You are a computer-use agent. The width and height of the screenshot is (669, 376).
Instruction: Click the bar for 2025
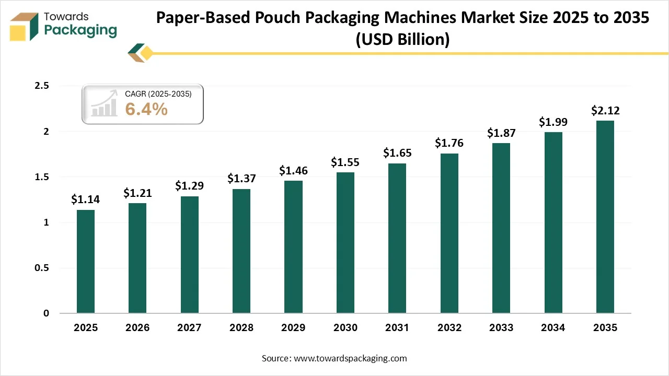tap(86, 261)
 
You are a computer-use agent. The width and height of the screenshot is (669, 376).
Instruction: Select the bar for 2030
tap(345, 243)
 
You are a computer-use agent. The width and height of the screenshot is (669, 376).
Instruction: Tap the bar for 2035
tap(605, 217)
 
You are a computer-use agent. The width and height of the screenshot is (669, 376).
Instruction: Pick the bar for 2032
tap(449, 233)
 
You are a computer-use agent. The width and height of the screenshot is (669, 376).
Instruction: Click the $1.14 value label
tap(86, 199)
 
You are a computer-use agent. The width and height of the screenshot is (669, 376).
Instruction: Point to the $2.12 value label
tap(605, 110)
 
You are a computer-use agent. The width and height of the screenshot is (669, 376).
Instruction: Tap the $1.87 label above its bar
tap(501, 133)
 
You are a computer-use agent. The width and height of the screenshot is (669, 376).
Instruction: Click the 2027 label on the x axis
tap(190, 328)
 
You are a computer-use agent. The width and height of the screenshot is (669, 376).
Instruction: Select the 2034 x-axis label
tap(553, 328)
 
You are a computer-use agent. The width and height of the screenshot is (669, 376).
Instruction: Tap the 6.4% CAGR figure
tap(146, 109)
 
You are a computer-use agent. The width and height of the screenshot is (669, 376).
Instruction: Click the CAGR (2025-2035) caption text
tap(158, 94)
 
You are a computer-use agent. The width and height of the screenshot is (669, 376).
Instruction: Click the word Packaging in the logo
tap(80, 30)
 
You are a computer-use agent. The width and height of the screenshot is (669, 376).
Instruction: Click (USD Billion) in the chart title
tap(402, 40)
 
